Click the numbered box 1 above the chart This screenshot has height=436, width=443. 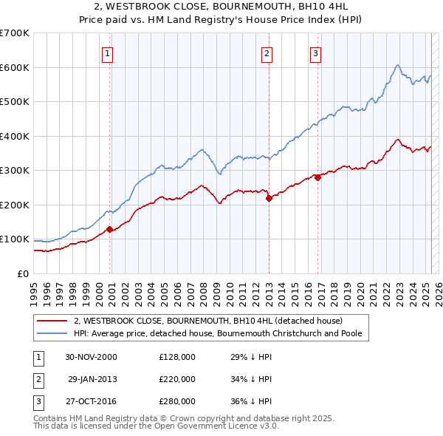click(x=107, y=53)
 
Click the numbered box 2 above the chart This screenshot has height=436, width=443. click(x=266, y=53)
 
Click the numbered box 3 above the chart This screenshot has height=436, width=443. click(x=315, y=53)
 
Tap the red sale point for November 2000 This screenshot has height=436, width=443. click(x=110, y=229)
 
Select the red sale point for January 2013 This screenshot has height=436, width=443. click(x=269, y=197)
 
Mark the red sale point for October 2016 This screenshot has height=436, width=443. click(x=317, y=177)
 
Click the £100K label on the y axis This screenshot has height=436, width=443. click(x=15, y=239)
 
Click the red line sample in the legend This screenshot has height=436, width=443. click(x=52, y=321)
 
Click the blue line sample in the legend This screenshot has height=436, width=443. click(x=52, y=333)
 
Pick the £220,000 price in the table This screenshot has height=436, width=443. click(x=177, y=379)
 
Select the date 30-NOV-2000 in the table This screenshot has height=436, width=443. click(x=91, y=357)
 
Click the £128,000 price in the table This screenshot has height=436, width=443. click(x=177, y=357)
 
